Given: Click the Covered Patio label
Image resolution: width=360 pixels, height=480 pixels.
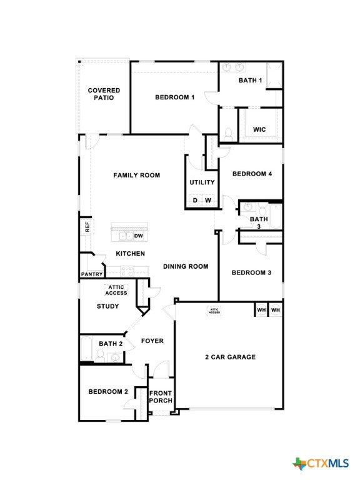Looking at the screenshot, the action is pyautogui.click(x=104, y=94).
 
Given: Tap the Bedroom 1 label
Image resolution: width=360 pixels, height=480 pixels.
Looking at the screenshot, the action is pyautogui.click(x=175, y=97).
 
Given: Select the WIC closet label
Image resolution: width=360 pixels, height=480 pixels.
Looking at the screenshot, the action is pyautogui.click(x=259, y=129).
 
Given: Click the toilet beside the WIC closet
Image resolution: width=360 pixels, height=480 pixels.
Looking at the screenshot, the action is pyautogui.click(x=228, y=134).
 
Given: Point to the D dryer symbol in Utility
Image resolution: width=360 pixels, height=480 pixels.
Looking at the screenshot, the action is pyautogui.click(x=195, y=201).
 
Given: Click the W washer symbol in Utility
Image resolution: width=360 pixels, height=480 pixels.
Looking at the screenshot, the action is pyautogui.click(x=208, y=201).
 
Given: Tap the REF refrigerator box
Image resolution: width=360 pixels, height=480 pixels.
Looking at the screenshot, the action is pyautogui.click(x=87, y=227).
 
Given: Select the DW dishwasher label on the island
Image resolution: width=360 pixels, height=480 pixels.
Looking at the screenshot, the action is pyautogui.click(x=139, y=236).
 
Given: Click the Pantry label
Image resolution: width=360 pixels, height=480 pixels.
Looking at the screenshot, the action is pyautogui.click(x=91, y=274).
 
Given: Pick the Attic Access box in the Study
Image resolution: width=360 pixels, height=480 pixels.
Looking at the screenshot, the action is pyautogui.click(x=116, y=290).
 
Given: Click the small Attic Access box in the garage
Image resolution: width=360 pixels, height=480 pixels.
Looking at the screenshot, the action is pyautogui.click(x=214, y=311).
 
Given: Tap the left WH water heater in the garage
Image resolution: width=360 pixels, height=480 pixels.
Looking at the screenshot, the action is pyautogui.click(x=261, y=310).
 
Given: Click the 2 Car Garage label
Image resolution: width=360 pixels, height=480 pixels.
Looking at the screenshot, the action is pyautogui.click(x=230, y=357).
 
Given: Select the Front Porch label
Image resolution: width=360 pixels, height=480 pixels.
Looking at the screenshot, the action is pyautogui.click(x=161, y=397).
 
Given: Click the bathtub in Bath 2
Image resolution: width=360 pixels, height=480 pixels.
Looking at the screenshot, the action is pyautogui.click(x=86, y=349).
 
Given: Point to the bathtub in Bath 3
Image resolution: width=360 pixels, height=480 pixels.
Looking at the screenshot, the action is pyautogui.click(x=276, y=216).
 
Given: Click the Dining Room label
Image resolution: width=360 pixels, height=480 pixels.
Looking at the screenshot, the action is pyautogui.click(x=186, y=266).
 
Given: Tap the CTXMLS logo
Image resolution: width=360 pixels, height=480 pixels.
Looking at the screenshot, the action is pyautogui.click(x=321, y=464).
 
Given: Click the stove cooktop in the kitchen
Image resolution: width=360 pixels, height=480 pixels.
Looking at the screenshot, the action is pyautogui.click(x=127, y=271).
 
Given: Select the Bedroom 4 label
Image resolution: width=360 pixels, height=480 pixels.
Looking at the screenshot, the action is pyautogui.click(x=252, y=174).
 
